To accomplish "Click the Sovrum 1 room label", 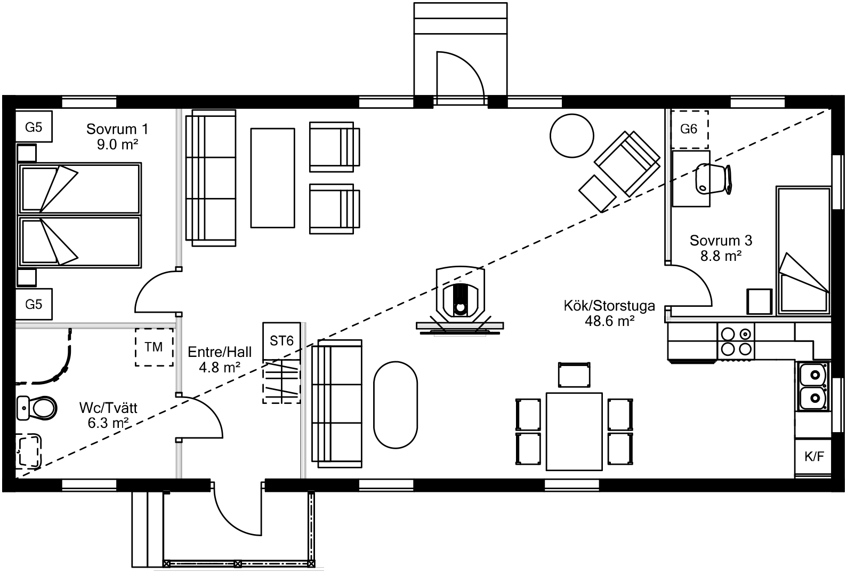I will click(117, 129).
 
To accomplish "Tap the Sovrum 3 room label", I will click(721, 241).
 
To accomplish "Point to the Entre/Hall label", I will click(220, 352).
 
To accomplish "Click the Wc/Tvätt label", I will click(108, 409).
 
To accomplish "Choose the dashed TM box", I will click(154, 347).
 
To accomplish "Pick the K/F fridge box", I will click(813, 457).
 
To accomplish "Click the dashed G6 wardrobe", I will click(689, 129).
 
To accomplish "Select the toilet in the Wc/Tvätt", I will click(37, 409).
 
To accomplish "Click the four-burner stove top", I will click(737, 341).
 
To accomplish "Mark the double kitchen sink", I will click(813, 387).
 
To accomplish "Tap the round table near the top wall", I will click(571, 135).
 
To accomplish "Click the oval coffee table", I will click(396, 405).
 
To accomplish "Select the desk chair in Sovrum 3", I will click(713, 178).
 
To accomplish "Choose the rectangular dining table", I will click(574, 432).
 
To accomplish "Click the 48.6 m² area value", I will click(609, 321).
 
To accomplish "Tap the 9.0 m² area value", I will click(117, 144).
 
